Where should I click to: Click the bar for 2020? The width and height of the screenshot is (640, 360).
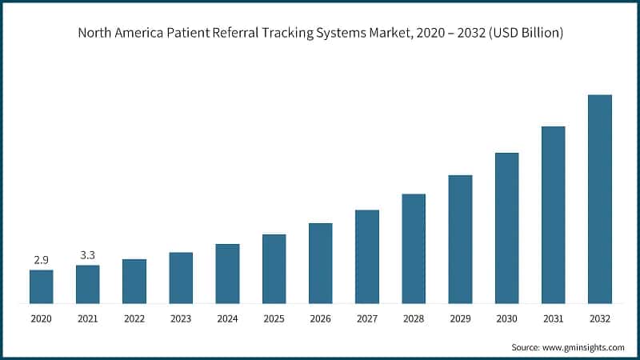tap(42, 286)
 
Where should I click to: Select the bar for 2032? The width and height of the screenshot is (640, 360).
tap(599, 199)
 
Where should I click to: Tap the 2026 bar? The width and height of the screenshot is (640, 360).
tap(321, 263)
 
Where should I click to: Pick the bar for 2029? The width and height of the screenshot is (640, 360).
tap(460, 239)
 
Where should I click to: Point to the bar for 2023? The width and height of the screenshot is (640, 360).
tap(181, 278)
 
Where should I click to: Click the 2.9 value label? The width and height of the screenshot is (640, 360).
tap(42, 261)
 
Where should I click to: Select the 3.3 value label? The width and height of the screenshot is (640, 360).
tap(88, 255)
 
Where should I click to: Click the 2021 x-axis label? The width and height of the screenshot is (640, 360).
tap(88, 318)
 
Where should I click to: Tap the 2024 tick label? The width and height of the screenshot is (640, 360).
tap(227, 318)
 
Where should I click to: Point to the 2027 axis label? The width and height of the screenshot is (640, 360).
tap(367, 318)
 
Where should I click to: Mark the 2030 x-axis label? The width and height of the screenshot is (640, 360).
tap(506, 318)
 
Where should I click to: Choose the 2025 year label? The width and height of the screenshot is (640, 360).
tap(274, 318)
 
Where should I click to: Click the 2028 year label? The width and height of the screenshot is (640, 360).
tap(414, 318)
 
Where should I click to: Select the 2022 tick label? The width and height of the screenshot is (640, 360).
tap(134, 318)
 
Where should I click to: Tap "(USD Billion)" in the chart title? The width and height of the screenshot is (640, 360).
tap(522, 34)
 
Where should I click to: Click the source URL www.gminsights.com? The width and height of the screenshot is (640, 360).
tap(583, 347)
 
